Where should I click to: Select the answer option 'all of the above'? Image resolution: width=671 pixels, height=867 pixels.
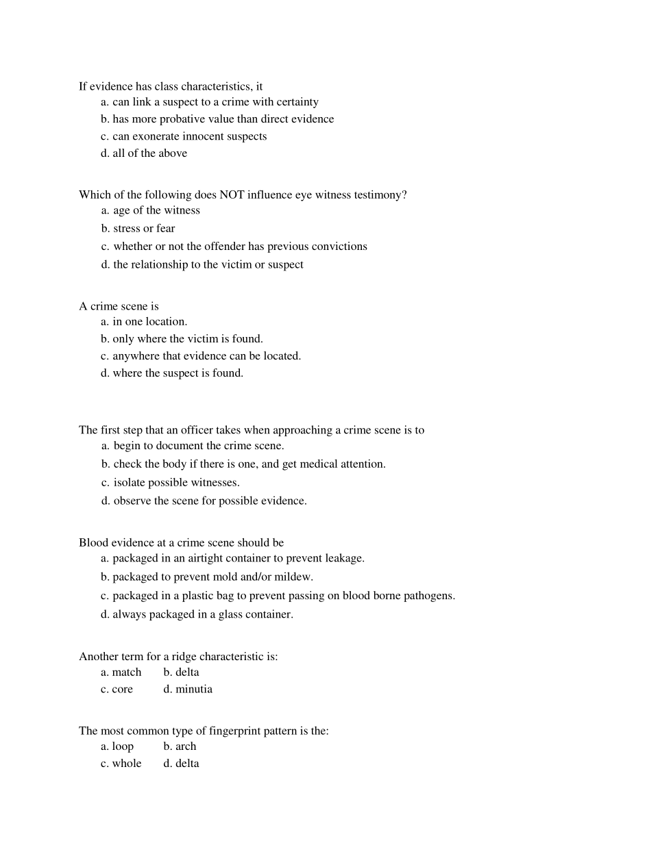coord(149,153)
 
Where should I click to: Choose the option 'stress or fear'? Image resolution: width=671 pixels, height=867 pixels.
coord(144,229)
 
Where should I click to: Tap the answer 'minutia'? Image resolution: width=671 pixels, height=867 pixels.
coord(193,690)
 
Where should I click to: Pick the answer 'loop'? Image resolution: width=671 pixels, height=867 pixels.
coord(123,746)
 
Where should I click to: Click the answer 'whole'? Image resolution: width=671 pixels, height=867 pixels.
coord(127,764)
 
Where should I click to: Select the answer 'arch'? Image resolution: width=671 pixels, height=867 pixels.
coord(185,746)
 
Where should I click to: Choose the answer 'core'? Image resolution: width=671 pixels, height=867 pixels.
coord(122,690)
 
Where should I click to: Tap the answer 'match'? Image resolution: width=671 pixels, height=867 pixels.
coord(127,673)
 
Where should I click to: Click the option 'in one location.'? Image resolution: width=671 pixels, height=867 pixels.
coord(149,322)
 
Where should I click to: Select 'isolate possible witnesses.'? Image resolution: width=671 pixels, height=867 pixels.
coord(176,483)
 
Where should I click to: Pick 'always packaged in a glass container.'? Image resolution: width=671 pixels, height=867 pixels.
coord(202,615)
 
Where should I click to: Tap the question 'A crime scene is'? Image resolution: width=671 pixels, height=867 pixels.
coord(119,306)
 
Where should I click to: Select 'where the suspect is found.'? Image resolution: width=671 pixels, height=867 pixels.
coord(178,373)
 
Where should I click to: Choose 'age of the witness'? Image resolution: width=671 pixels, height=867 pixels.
coord(156,211)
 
